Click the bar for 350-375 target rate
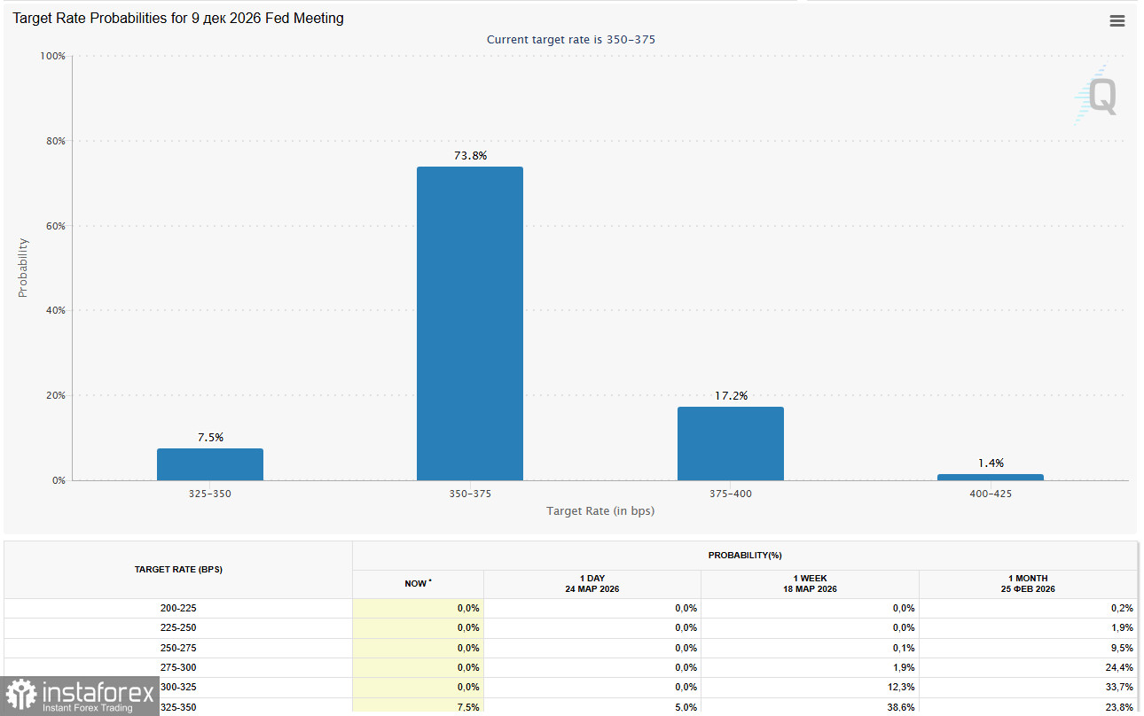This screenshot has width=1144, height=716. point(469,323)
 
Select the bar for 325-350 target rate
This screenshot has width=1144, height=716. point(209,464)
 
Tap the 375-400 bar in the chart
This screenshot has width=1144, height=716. point(730,443)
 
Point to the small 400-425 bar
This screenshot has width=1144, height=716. point(990,477)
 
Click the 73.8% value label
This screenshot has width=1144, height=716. point(470,156)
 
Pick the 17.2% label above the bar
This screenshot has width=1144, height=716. point(731,396)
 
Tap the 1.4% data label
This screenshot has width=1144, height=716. point(991,463)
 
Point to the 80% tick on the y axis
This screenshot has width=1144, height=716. point(54,141)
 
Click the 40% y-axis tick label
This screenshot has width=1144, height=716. point(54,310)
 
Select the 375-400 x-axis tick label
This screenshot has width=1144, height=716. point(730,494)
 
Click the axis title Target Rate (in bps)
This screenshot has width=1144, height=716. point(600,511)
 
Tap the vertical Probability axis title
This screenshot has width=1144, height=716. point(24,268)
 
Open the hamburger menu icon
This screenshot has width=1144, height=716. point(1117,21)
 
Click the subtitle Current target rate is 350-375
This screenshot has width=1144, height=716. point(571,40)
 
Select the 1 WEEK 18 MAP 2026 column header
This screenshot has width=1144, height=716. point(809,584)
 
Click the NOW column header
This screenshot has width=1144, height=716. point(417,584)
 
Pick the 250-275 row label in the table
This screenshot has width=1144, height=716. point(178,648)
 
